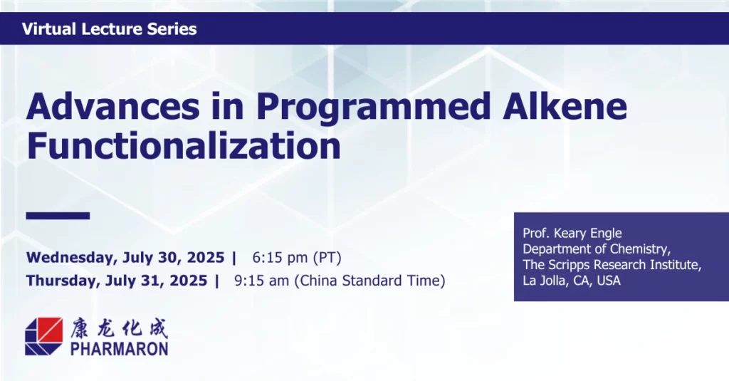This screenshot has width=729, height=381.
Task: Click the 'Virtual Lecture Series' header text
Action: click(x=109, y=29)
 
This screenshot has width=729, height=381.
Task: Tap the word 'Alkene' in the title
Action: click(x=565, y=106)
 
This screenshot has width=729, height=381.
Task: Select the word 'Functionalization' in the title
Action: click(x=184, y=145)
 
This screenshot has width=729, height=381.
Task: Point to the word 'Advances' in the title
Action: click(x=113, y=106)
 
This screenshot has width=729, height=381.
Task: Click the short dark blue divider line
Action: click(x=58, y=215)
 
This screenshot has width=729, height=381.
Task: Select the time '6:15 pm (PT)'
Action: click(x=297, y=258)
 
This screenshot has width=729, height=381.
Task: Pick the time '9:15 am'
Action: click(x=261, y=281)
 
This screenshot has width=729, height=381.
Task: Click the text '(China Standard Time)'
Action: click(x=369, y=281)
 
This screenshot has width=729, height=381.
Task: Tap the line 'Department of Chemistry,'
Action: click(x=597, y=249)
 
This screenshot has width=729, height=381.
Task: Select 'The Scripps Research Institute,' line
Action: click(x=612, y=265)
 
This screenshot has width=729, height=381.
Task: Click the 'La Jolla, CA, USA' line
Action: click(x=572, y=281)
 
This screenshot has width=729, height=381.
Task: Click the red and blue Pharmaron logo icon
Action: click(x=43, y=336)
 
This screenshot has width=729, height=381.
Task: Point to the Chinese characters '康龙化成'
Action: click(x=119, y=328)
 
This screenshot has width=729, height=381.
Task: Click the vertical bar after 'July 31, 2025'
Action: click(x=216, y=281)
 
